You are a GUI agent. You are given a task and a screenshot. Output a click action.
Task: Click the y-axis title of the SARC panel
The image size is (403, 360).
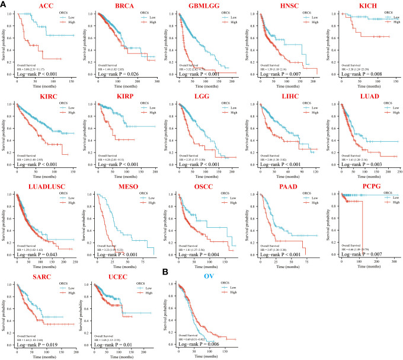[x=5, y=311]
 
